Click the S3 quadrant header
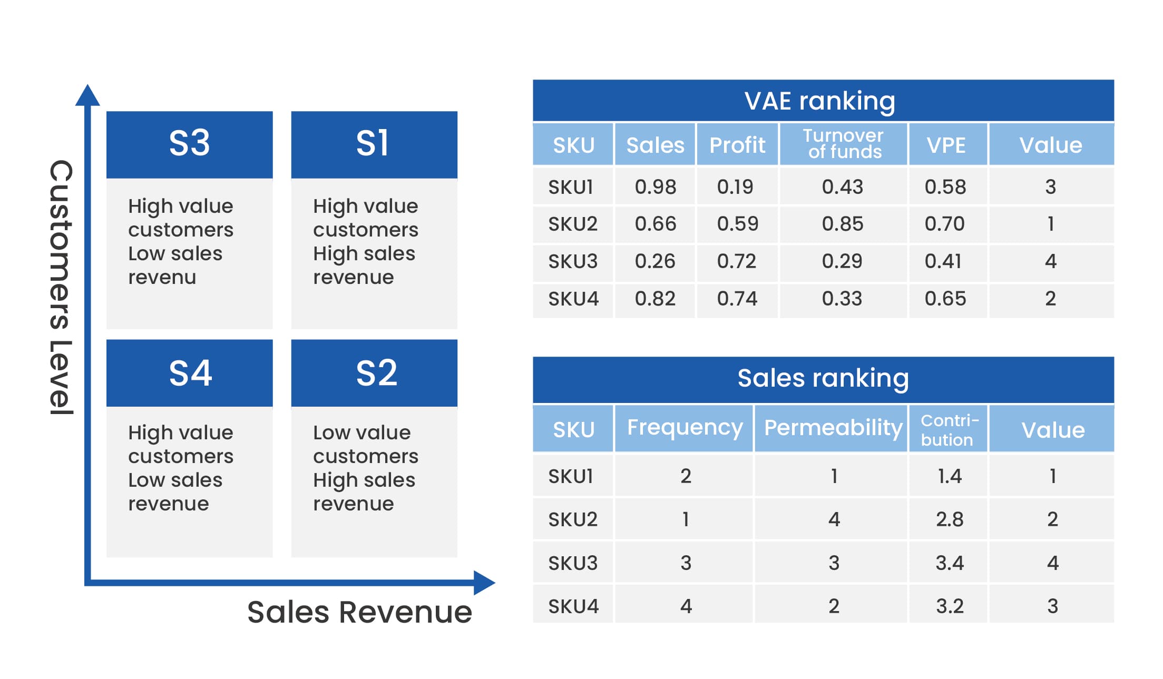[189, 144]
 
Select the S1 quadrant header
[374, 144]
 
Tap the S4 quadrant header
[189, 373]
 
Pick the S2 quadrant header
[374, 373]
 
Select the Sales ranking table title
[823, 378]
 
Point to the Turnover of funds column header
[843, 144]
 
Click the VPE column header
[946, 145]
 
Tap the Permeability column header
[833, 428]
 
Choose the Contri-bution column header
[949, 429]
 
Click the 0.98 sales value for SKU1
[655, 186]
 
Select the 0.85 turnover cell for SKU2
[843, 224]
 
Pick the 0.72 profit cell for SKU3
[737, 261]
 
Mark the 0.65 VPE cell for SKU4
[945, 299]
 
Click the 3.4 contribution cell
[949, 563]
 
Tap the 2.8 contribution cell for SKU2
[949, 519]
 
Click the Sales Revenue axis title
[359, 612]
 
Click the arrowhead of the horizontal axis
[484, 583]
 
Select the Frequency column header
[685, 428]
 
